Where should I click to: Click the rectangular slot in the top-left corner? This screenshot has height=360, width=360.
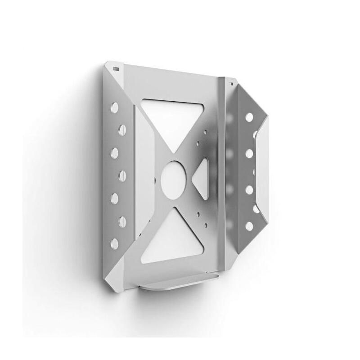[116, 68]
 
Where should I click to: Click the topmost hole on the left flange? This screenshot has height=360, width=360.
[114, 108]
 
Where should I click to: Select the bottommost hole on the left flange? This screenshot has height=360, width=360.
[114, 243]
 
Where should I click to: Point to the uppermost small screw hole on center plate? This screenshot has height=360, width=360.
[204, 133]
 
